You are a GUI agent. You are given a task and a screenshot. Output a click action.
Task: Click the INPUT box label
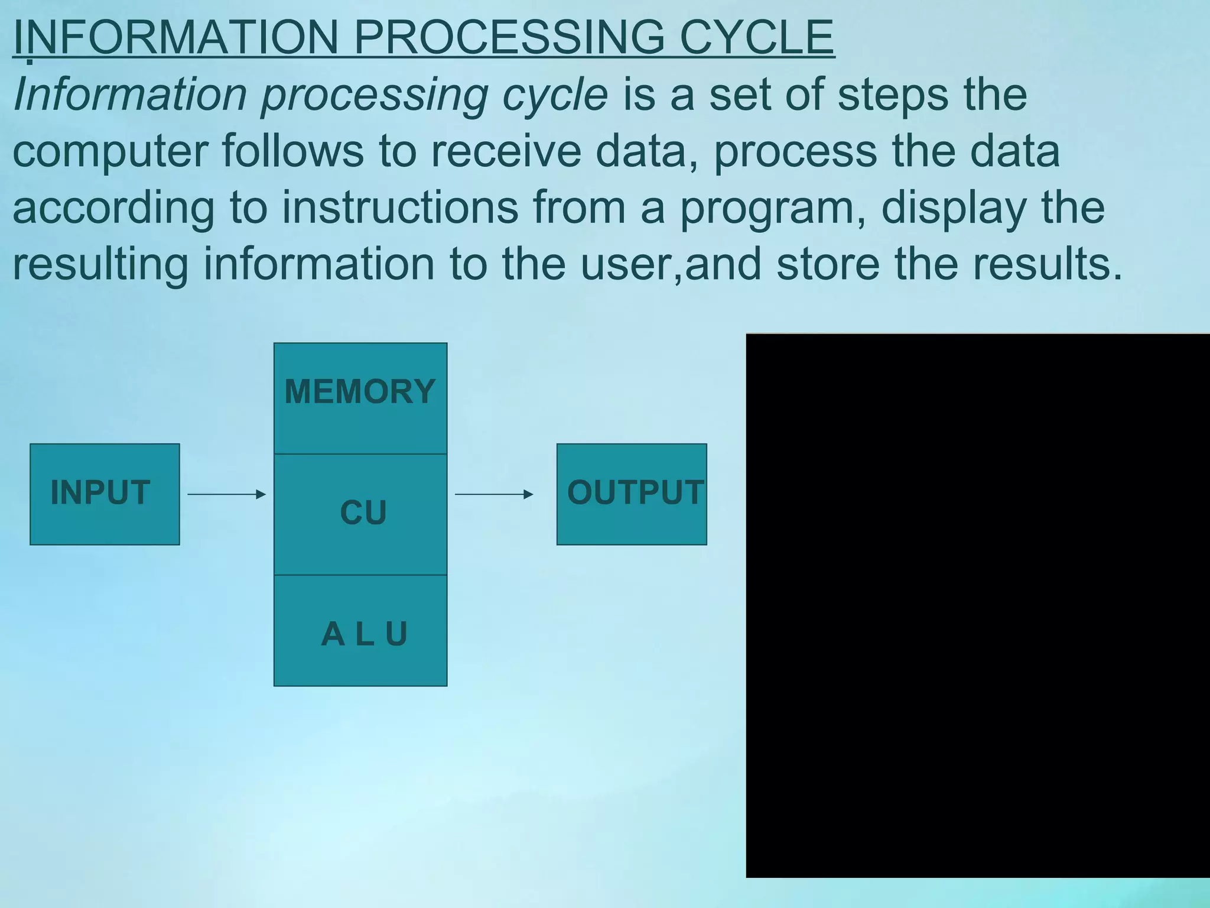coord(100,492)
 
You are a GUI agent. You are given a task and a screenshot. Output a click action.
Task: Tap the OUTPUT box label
coord(635,492)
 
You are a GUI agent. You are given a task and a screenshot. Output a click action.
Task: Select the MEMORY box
coord(360,398)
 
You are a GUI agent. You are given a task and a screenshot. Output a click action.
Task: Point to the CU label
coord(363,513)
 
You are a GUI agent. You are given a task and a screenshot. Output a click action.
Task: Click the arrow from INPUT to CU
coord(226,494)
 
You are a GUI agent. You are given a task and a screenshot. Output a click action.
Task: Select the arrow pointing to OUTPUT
coord(494,494)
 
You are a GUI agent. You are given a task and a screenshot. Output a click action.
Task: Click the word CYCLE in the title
coord(757,37)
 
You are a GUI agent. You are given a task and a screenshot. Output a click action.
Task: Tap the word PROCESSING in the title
coord(509,37)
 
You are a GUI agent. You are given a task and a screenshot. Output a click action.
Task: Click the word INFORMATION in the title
coord(175,37)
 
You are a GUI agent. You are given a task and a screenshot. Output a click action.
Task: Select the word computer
coord(110,151)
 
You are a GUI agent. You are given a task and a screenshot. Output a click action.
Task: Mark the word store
coord(828,264)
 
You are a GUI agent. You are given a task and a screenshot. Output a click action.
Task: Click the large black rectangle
coord(978,605)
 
